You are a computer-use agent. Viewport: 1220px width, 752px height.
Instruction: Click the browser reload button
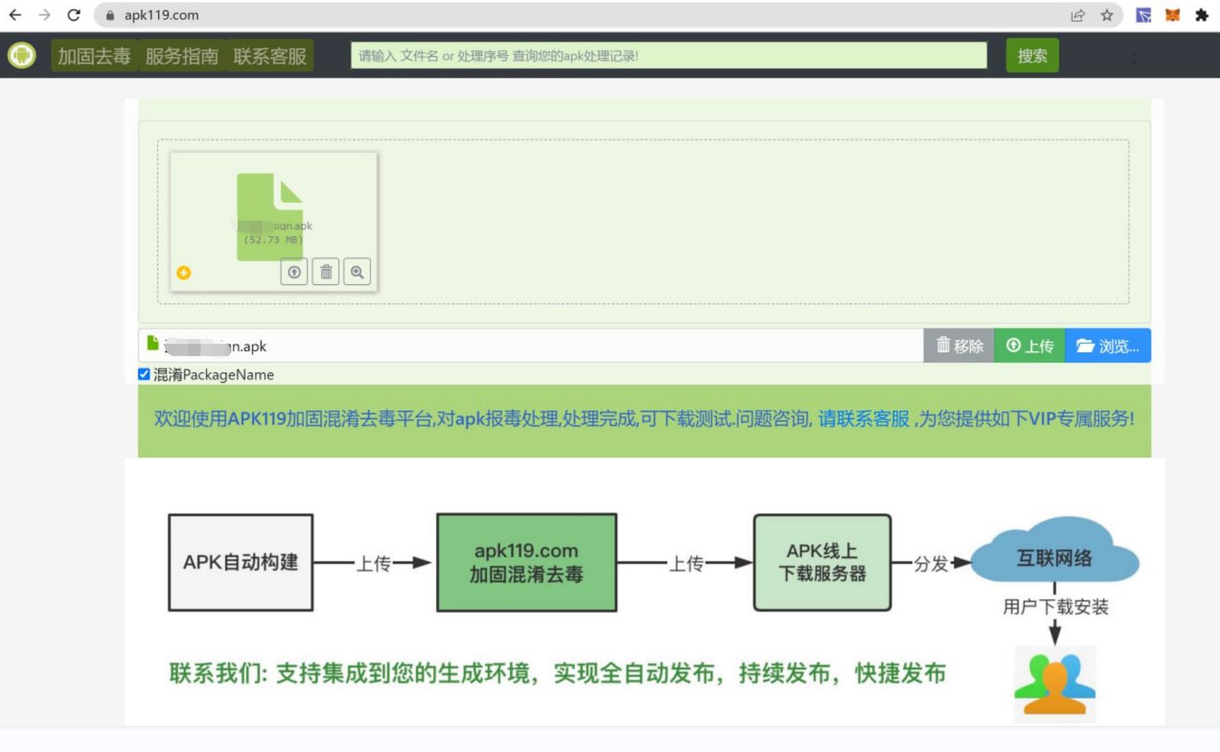[x=74, y=15]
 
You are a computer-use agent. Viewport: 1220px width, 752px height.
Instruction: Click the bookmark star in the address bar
[x=1106, y=15]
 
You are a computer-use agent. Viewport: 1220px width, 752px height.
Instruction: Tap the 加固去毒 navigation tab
[x=94, y=56]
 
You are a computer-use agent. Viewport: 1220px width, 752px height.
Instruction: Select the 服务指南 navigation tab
[x=181, y=56]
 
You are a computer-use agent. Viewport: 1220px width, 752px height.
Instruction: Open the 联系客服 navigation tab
[x=270, y=56]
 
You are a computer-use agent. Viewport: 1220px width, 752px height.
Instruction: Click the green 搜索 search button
[x=1032, y=56]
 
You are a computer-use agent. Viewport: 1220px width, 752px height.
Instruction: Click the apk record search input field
[x=668, y=56]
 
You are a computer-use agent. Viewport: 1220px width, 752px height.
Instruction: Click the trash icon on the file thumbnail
[x=326, y=272]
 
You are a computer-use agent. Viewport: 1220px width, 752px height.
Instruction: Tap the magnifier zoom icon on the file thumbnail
[x=357, y=272]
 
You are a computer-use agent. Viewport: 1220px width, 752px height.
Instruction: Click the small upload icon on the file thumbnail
[x=294, y=272]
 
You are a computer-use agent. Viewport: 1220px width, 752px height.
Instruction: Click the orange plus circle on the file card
[x=183, y=273]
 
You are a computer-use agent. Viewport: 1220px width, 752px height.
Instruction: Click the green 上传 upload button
[x=1029, y=346]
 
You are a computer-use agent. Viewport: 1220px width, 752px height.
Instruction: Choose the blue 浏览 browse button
[x=1107, y=346]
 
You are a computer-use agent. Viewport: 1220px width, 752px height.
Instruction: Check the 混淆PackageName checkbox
[x=144, y=374]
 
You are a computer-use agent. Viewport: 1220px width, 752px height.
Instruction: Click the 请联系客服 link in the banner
[x=863, y=418]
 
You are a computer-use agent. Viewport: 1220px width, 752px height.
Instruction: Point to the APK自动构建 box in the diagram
[x=240, y=562]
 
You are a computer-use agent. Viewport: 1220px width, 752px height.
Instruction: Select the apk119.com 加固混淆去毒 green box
[x=526, y=562]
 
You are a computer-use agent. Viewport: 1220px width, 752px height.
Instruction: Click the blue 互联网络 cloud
[x=1054, y=555]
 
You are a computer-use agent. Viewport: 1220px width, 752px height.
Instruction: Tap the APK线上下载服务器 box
[x=822, y=562]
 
